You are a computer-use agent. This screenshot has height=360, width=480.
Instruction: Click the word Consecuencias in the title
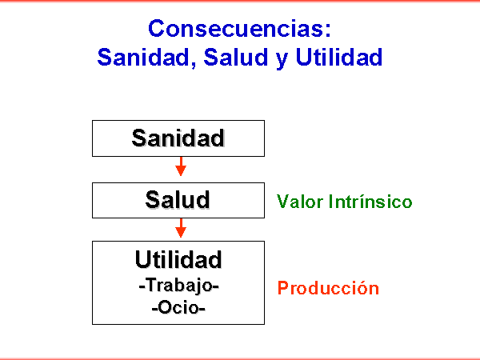pyautogui.click(x=235, y=28)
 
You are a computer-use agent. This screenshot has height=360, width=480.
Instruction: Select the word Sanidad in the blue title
pyautogui.click(x=143, y=57)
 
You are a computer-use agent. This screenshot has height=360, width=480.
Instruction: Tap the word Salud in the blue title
pyautogui.click(x=236, y=57)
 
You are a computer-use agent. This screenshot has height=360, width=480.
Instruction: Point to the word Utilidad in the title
pyautogui.click(x=339, y=57)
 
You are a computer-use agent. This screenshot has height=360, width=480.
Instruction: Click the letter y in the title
pyautogui.click(x=282, y=60)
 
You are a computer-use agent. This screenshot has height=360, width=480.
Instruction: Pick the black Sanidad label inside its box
pyautogui.click(x=178, y=138)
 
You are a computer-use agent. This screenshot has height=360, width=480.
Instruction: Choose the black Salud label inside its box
pyautogui.click(x=178, y=199)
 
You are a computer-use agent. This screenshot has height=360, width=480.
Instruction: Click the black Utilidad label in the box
pyautogui.click(x=178, y=259)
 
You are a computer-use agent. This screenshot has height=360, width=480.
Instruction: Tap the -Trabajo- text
pyautogui.click(x=178, y=286)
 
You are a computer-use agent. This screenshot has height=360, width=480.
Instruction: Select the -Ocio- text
pyautogui.click(x=178, y=307)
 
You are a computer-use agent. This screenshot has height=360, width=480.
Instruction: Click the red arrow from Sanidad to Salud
pyautogui.click(x=181, y=166)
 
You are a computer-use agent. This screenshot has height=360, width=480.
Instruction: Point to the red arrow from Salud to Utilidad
pyautogui.click(x=181, y=228)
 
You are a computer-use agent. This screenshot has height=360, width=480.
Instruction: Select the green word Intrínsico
pyautogui.click(x=370, y=202)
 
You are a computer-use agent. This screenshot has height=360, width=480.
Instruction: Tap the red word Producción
pyautogui.click(x=328, y=288)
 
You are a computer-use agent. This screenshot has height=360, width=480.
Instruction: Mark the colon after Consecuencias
pyautogui.click(x=328, y=31)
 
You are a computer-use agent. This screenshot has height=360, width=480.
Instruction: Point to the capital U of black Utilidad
pyautogui.click(x=142, y=259)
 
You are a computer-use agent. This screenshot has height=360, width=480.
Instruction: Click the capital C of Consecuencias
pyautogui.click(x=157, y=28)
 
